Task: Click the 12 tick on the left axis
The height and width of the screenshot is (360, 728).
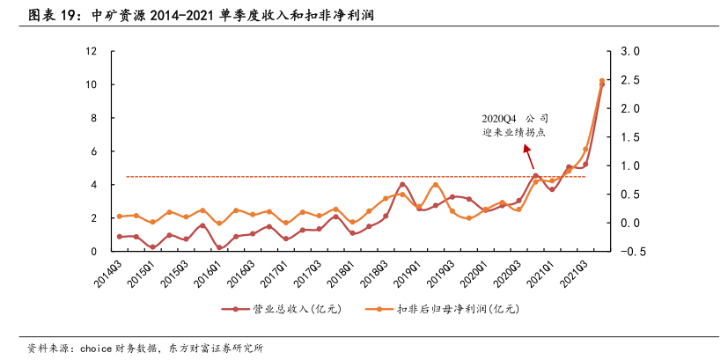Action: pyautogui.click(x=91, y=51)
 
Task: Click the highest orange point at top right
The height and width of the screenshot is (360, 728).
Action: pyautogui.click(x=602, y=81)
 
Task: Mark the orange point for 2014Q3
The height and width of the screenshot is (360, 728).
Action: pyautogui.click(x=120, y=217)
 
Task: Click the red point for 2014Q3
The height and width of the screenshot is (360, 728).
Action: pyautogui.click(x=120, y=237)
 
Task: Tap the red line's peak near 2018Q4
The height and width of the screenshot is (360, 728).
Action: pyautogui.click(x=402, y=185)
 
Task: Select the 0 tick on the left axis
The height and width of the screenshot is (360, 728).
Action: pyautogui.click(x=93, y=252)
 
